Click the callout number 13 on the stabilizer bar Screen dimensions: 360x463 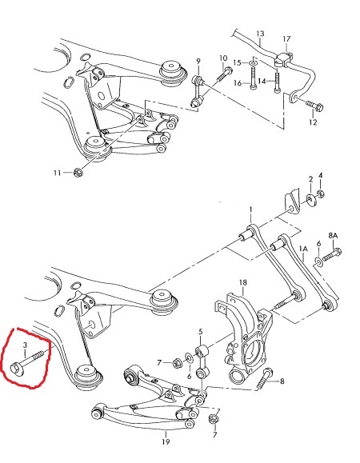pyautogui.click(x=260, y=34)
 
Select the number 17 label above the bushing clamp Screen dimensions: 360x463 pyautogui.click(x=286, y=39)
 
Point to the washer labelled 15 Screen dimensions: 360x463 pyautogui.click(x=253, y=62)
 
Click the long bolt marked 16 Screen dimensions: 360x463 pyautogui.click(x=253, y=78)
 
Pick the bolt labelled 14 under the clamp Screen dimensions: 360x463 pyautogui.click(x=277, y=82)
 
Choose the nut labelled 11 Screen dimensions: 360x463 pyautogui.click(x=78, y=172)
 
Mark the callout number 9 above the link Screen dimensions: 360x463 pyautogui.click(x=198, y=62)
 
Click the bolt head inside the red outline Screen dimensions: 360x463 pyautogui.click(x=15, y=369)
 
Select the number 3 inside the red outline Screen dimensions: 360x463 pyautogui.click(x=25, y=345)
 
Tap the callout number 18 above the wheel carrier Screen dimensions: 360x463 pyautogui.click(x=242, y=282)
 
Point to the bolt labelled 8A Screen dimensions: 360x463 pyautogui.click(x=332, y=255)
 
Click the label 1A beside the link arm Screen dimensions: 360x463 pyautogui.click(x=303, y=249)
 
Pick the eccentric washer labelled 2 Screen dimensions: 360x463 pyautogui.click(x=310, y=199)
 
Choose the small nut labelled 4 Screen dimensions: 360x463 pyautogui.click(x=321, y=194)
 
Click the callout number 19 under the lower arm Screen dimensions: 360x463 pyautogui.click(x=166, y=441)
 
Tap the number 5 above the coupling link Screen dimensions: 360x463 pyautogui.click(x=201, y=332)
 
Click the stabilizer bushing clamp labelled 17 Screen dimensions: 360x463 pyautogui.click(x=284, y=59)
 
